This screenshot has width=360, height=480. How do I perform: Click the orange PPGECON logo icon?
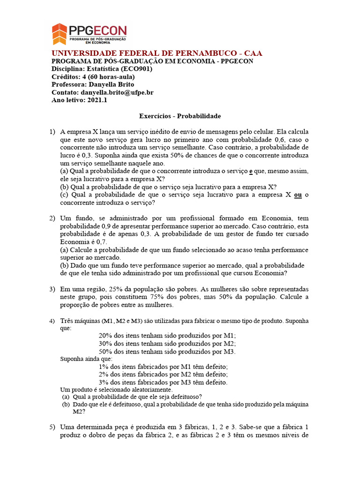60,34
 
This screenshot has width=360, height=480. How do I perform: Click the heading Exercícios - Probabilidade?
180,116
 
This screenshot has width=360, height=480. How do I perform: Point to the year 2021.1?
97,100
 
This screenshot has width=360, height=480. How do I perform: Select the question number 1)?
52,132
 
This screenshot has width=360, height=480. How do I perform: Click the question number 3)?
52,289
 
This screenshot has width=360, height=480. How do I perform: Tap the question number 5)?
52,427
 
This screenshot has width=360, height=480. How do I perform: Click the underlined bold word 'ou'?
298,195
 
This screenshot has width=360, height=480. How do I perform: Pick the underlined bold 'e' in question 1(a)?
251,172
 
